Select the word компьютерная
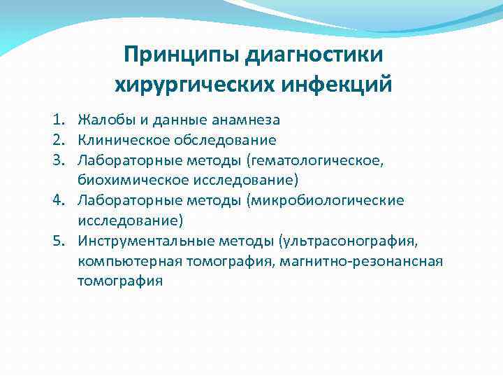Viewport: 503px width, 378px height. click(125, 262)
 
